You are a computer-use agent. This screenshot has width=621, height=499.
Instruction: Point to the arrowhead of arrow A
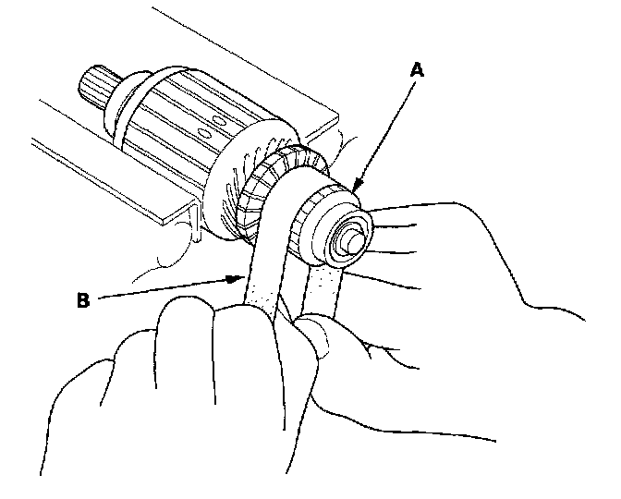[x=355, y=189]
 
